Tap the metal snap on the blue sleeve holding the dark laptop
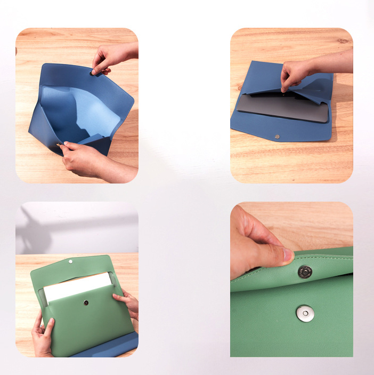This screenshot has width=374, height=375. click(x=277, y=137)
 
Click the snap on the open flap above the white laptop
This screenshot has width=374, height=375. click(x=71, y=262)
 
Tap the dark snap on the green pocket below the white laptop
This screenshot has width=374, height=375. click(x=86, y=302)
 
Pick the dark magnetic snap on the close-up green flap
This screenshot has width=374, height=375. click(x=305, y=272)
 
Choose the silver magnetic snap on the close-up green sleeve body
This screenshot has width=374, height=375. click(x=305, y=313)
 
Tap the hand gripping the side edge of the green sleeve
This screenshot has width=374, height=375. click(x=128, y=302)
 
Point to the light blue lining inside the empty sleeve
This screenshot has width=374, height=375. click(x=80, y=109)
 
